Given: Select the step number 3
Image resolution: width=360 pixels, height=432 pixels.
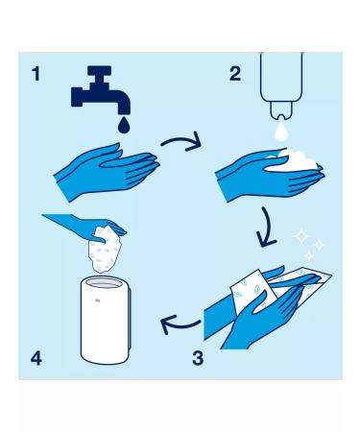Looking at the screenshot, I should (x=197, y=359).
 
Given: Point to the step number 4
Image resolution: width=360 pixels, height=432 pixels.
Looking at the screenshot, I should (x=36, y=359).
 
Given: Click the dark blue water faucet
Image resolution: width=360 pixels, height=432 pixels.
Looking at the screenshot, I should (x=99, y=92).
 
